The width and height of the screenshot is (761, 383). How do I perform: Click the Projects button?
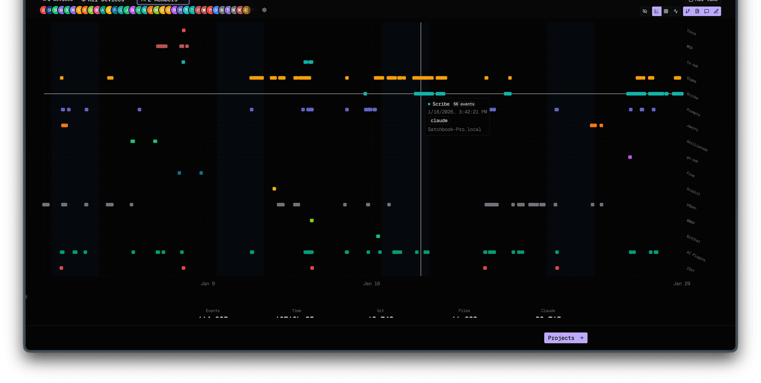pyautogui.click(x=565, y=338)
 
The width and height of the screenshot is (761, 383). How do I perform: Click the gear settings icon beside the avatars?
pyautogui.click(x=264, y=10)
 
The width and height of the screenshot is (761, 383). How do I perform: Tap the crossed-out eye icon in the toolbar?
pyautogui.click(x=645, y=11)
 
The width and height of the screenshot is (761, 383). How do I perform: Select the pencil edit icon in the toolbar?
pyautogui.click(x=716, y=11)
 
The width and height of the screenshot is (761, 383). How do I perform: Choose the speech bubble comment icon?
pyautogui.click(x=707, y=11)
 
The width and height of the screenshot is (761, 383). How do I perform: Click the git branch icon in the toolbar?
pyautogui.click(x=688, y=11)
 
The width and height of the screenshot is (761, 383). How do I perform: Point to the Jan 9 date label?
pyautogui.click(x=208, y=284)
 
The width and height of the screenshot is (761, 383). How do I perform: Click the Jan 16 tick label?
pyautogui.click(x=371, y=284)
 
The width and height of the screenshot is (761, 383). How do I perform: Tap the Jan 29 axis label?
pyautogui.click(x=682, y=284)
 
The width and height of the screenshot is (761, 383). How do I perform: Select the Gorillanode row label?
pyautogui.click(x=697, y=146)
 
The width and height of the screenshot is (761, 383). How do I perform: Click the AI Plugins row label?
pyautogui.click(x=696, y=256)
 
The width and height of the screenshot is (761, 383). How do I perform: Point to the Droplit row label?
pyautogui.click(x=693, y=191)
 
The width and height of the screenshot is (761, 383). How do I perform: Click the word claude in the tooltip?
pyautogui.click(x=439, y=121)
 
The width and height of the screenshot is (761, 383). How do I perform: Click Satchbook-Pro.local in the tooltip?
pyautogui.click(x=454, y=129)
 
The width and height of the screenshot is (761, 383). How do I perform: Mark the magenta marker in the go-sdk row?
pyautogui.click(x=630, y=157)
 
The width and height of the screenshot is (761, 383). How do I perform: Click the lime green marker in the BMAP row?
pyautogui.click(x=312, y=221)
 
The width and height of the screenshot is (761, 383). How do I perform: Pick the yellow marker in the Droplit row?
pyautogui.click(x=274, y=189)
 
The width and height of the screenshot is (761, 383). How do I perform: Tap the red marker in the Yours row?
pyautogui.click(x=184, y=30)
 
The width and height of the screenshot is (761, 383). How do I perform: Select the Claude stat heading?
pyautogui.click(x=548, y=311)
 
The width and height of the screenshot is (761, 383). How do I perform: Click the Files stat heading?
pyautogui.click(x=464, y=311)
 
